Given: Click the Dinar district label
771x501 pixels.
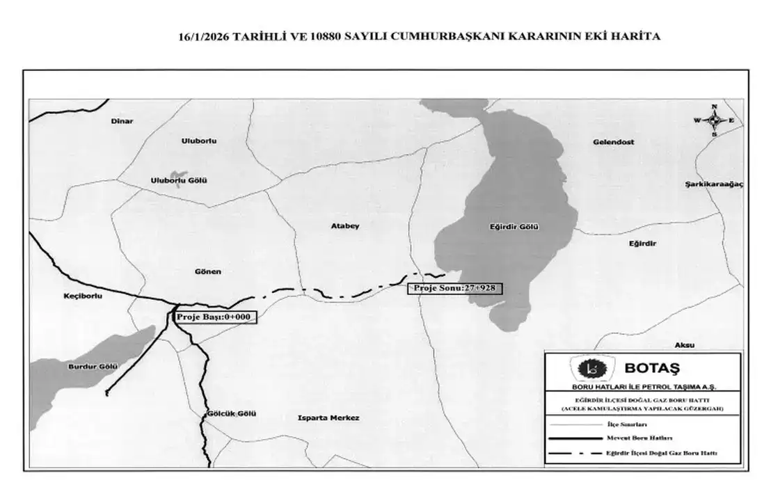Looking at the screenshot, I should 122,121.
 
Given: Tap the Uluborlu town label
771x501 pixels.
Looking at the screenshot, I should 199,141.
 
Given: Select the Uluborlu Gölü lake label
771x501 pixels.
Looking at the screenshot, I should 180,181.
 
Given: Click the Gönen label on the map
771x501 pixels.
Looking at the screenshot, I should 208,271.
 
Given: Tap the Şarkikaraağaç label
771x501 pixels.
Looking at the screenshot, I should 715,184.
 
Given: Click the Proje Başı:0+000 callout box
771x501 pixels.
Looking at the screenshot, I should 214,317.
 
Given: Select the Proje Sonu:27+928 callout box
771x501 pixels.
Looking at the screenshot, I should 454,287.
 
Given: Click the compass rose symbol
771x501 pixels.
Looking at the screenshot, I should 713,120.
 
